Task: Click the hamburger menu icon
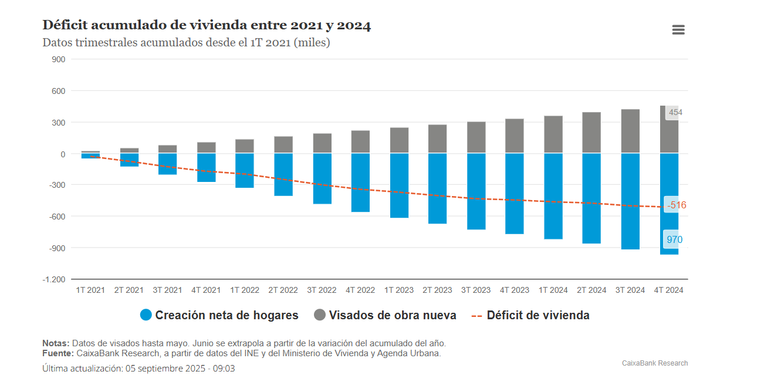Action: click(678, 30)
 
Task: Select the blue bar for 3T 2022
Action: click(322, 179)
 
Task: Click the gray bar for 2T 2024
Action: click(591, 133)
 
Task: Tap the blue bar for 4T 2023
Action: click(515, 194)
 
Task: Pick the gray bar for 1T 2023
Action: click(399, 140)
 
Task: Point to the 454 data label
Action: click(675, 112)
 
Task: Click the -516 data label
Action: click(676, 205)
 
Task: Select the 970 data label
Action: click(674, 239)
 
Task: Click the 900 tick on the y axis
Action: click(59, 59)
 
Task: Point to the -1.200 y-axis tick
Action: click(54, 279)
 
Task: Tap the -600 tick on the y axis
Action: click(57, 217)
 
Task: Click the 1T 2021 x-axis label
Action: click(90, 290)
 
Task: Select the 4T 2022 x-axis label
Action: click(360, 290)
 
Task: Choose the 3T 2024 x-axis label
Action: click(630, 290)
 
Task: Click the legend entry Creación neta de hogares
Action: click(219, 315)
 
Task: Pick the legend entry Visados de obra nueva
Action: click(385, 315)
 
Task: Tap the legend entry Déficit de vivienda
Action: click(530, 315)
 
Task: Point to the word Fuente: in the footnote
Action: click(58, 353)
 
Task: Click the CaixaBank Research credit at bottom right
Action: click(655, 363)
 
